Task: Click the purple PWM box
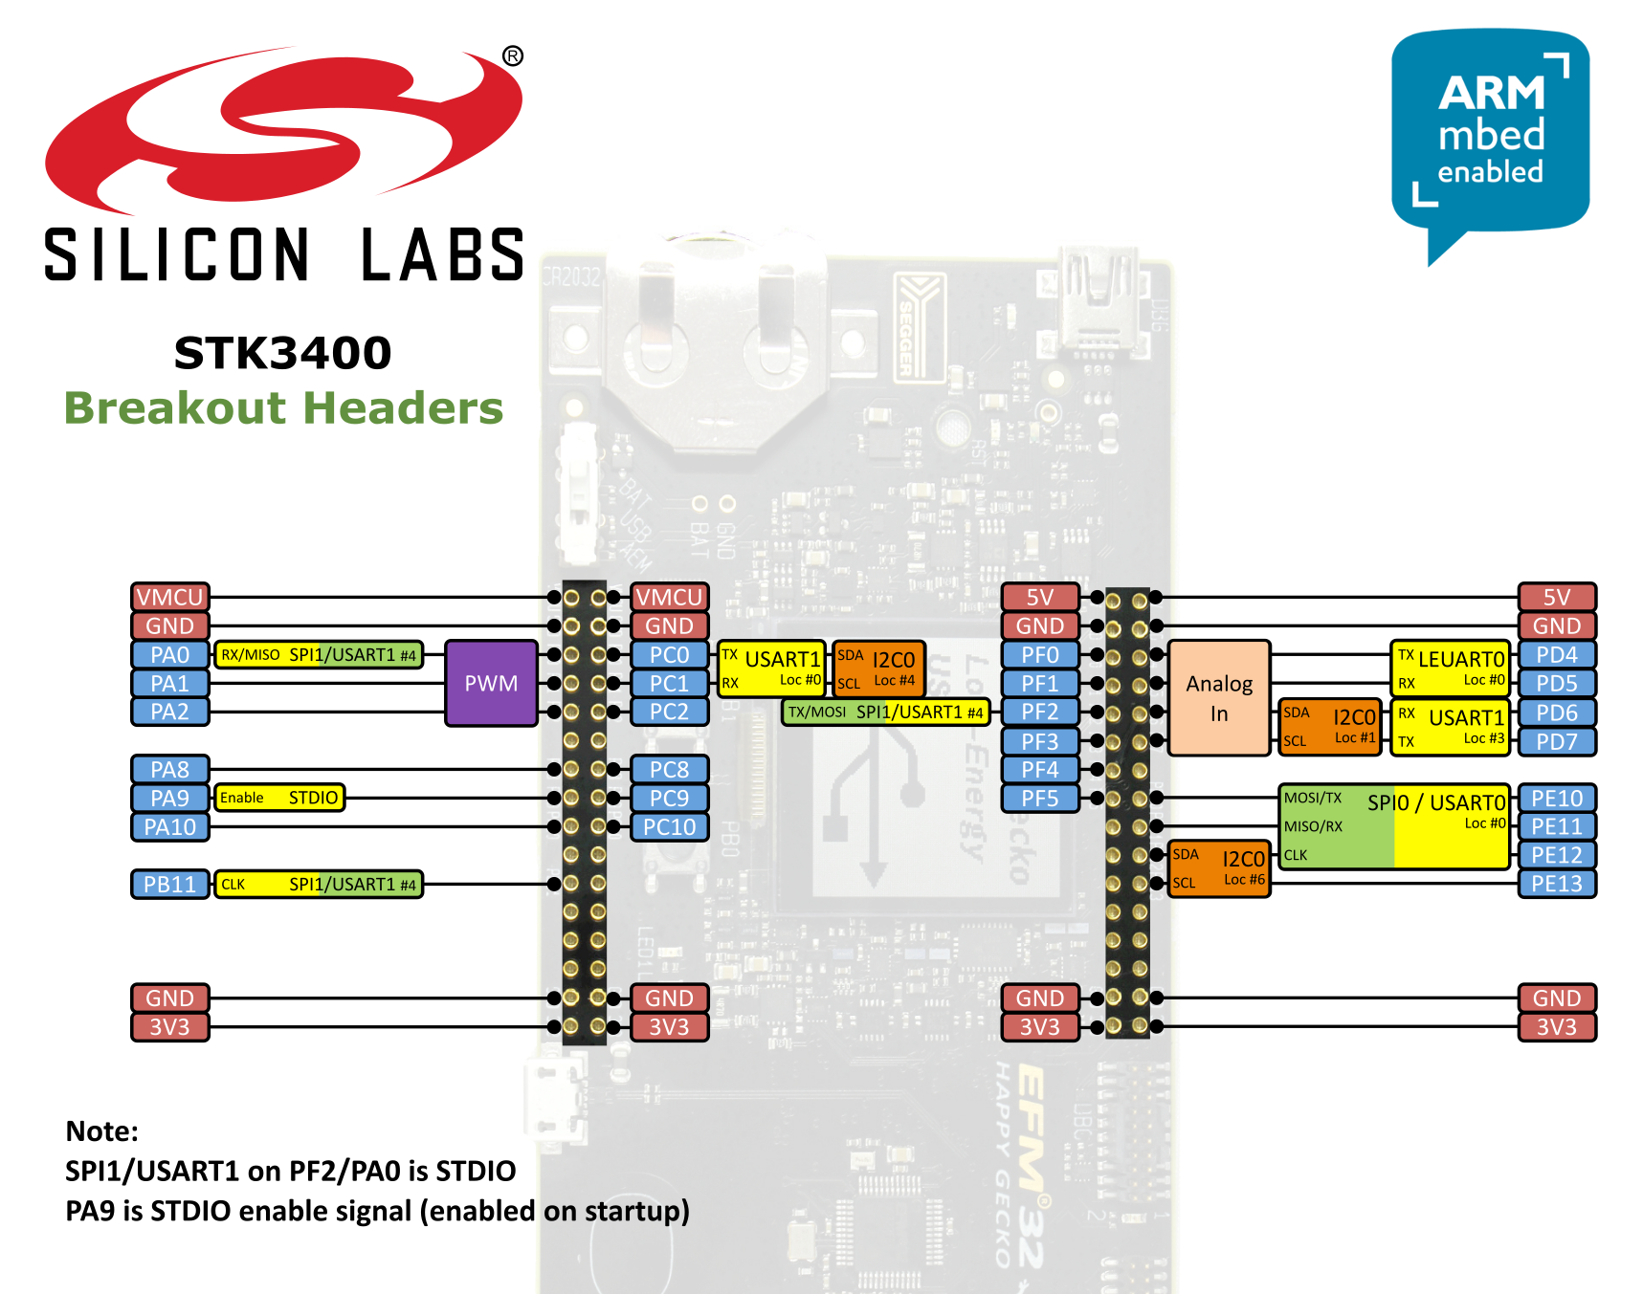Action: click(x=491, y=683)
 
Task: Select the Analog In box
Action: click(x=1218, y=698)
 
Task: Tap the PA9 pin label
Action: click(x=169, y=798)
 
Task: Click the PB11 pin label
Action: click(x=169, y=884)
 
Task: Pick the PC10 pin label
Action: click(x=669, y=826)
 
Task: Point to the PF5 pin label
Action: click(x=1039, y=798)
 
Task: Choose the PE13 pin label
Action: click(x=1556, y=884)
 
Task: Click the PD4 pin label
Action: click(x=1556, y=655)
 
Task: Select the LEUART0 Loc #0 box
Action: click(x=1450, y=669)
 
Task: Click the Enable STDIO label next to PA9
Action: click(x=278, y=798)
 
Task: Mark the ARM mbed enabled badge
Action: click(x=1489, y=134)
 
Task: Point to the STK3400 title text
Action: click(x=282, y=353)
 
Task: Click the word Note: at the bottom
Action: click(x=101, y=1131)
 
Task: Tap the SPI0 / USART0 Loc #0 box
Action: click(x=1393, y=826)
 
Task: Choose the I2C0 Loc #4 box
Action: click(x=878, y=669)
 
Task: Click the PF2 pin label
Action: click(x=1039, y=712)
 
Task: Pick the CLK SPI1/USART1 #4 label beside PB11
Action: click(x=318, y=884)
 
